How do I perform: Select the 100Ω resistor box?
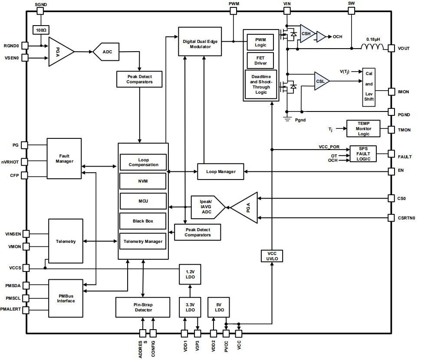coord(41,30)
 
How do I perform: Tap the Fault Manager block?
coord(64,158)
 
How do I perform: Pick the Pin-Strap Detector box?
coord(143,307)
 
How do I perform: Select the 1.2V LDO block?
coord(189,274)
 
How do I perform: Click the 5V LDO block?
coord(219,307)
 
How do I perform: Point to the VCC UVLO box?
coord(272,256)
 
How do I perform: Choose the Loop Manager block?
coord(221,171)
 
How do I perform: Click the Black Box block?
coord(143,221)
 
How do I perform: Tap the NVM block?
coord(143,181)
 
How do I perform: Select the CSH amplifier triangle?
coord(306,33)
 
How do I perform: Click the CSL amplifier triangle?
coord(321,81)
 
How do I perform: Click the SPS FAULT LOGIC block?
coord(363,154)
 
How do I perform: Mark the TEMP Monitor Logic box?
coord(363,128)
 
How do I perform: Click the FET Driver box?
coord(260,60)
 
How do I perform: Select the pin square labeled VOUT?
coord(391,48)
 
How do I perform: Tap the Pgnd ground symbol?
coord(286,118)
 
